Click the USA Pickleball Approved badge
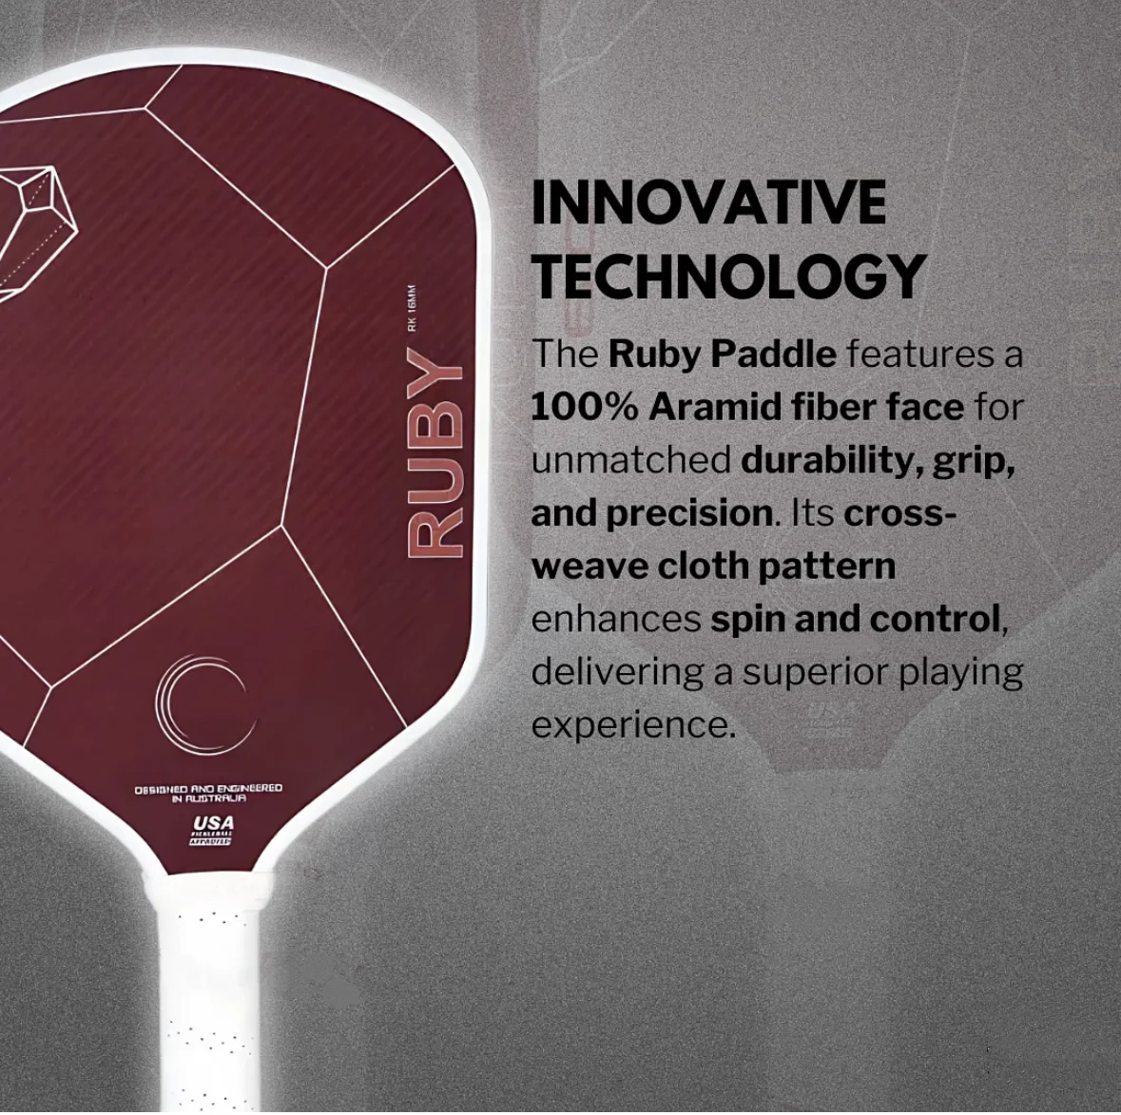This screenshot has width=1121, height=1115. (x=212, y=829)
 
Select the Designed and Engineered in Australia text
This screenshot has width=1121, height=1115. (x=208, y=793)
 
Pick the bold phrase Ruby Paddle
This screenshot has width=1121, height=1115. (x=722, y=354)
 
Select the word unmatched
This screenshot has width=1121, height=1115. (x=630, y=460)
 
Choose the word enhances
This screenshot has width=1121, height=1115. (x=615, y=619)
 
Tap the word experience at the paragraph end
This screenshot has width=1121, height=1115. (x=632, y=724)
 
